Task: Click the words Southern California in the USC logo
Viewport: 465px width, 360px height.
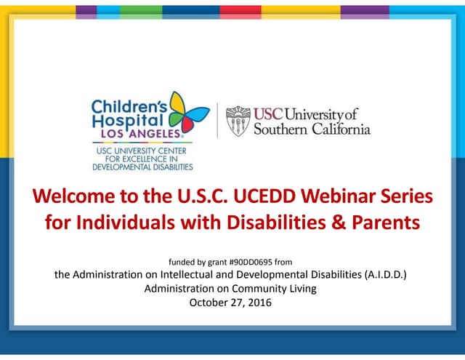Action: pyautogui.click(x=312, y=129)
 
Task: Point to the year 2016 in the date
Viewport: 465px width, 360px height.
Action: pyautogui.click(x=258, y=302)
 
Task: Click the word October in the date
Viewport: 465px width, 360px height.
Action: pyautogui.click(x=209, y=302)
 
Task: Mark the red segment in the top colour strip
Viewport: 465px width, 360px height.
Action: pyautogui.click(x=240, y=11)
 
